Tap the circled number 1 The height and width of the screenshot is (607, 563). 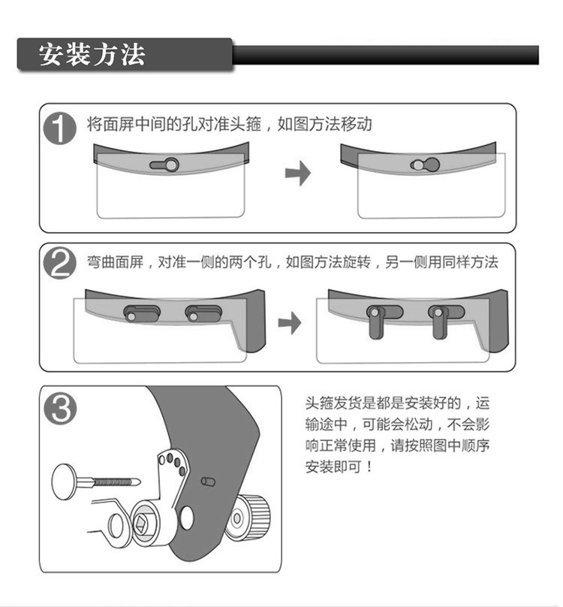click(59, 129)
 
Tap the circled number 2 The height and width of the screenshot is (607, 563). click(59, 264)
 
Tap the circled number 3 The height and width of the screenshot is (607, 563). click(61, 409)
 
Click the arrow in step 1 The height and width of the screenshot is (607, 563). click(298, 174)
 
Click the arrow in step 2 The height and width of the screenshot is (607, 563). click(290, 323)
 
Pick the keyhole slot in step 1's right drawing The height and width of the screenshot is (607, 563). click(426, 165)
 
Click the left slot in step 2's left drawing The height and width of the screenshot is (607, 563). click(141, 313)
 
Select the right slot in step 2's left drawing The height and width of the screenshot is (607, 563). click(203, 313)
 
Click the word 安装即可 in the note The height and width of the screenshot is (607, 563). click(333, 467)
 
